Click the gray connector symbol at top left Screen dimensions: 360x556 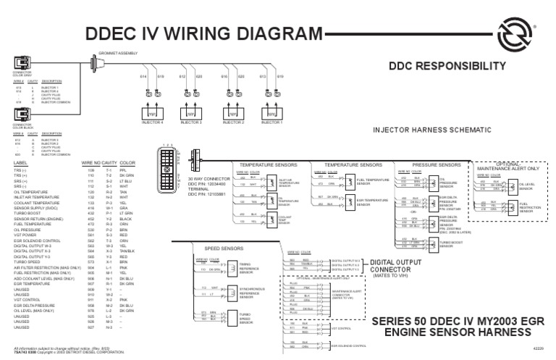click(x=21, y=64)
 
